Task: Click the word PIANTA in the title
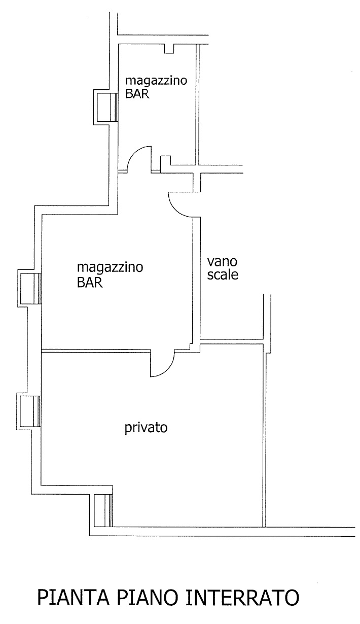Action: click(73, 597)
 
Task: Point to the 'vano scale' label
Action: click(223, 268)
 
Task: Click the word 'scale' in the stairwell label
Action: click(223, 274)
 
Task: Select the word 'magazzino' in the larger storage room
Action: click(110, 267)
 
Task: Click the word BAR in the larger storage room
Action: click(90, 283)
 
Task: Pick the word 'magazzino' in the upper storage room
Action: click(156, 81)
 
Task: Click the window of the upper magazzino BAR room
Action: click(107, 107)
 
